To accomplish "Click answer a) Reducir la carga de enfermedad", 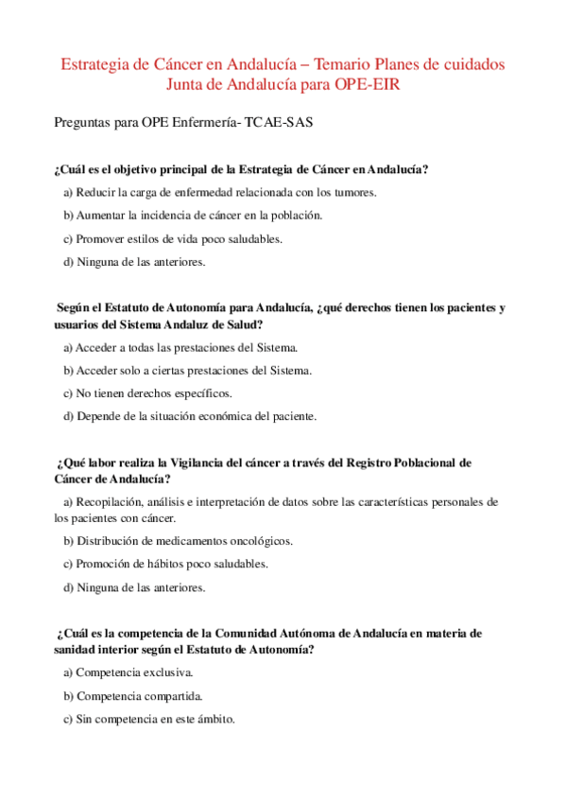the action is coord(219,192).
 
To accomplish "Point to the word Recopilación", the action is coord(113,501).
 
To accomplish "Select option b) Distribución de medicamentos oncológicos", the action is coord(179,541).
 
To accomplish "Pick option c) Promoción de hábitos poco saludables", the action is coord(165,564).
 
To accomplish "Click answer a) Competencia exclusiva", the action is coord(128,672).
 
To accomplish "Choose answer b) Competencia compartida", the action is coord(132,696).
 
